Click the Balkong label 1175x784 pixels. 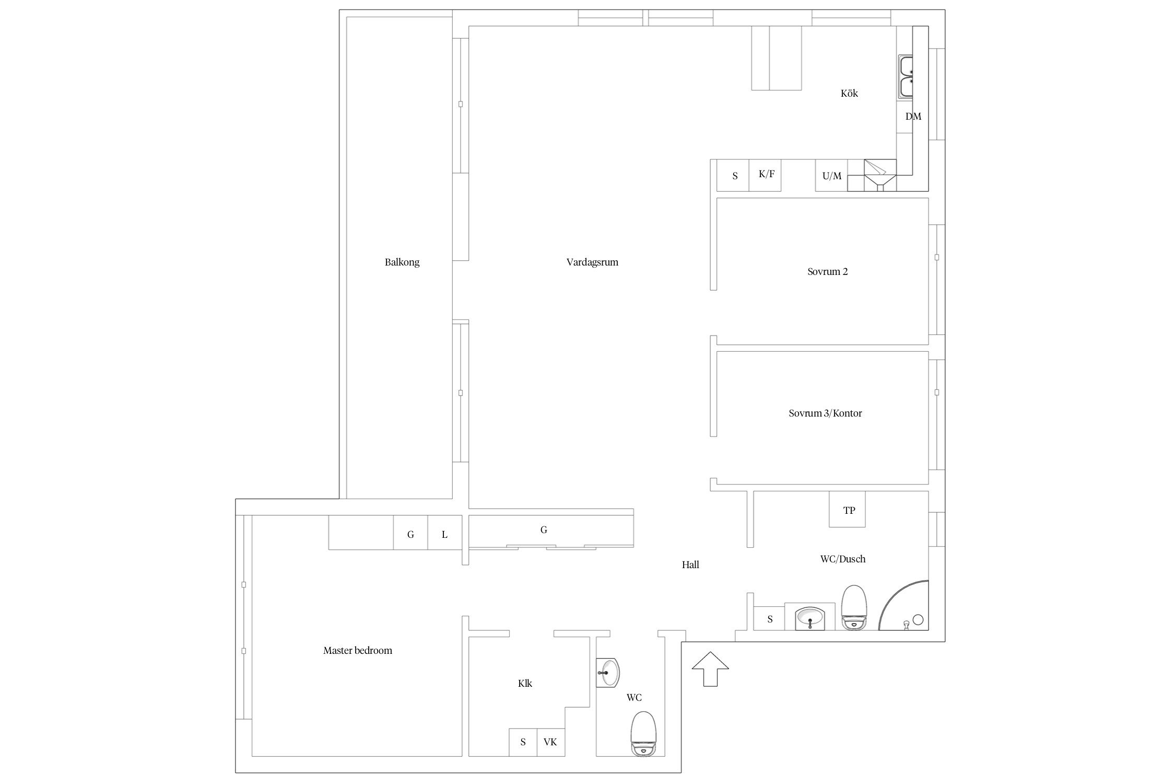click(402, 262)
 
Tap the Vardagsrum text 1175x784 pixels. click(592, 262)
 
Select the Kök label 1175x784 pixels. click(849, 94)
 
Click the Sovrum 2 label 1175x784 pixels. click(827, 272)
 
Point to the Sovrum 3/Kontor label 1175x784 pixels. click(825, 413)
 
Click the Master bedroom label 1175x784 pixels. click(358, 651)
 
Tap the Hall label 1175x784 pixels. click(690, 564)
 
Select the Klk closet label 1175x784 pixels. click(525, 684)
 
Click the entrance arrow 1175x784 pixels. click(710, 669)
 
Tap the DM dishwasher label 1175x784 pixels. click(913, 117)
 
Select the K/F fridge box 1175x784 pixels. click(765, 175)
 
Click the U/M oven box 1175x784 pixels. click(831, 175)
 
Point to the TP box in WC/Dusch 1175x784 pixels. click(847, 509)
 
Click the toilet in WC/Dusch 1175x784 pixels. click(854, 607)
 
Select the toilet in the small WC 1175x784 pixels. click(643, 733)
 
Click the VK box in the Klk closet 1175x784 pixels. click(550, 742)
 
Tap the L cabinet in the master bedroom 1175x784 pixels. click(445, 532)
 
